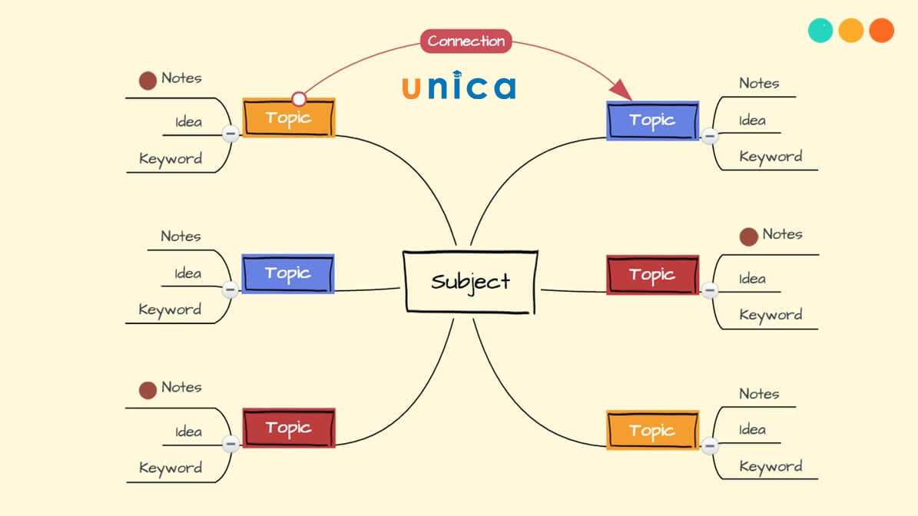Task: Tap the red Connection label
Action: pyautogui.click(x=466, y=41)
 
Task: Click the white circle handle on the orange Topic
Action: pyautogui.click(x=299, y=99)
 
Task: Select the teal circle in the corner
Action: pyautogui.click(x=820, y=30)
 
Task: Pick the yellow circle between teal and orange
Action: pyautogui.click(x=851, y=30)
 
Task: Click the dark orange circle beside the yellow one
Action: pyautogui.click(x=881, y=30)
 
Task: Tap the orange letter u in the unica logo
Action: pyautogui.click(x=411, y=88)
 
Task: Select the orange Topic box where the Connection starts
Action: pyautogui.click(x=289, y=117)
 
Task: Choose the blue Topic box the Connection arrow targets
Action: pyautogui.click(x=652, y=120)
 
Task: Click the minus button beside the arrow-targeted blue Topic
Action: pyautogui.click(x=710, y=137)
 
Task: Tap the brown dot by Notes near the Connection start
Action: pyautogui.click(x=147, y=80)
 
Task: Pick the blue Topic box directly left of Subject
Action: pyautogui.click(x=287, y=273)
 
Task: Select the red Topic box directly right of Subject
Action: pyautogui.click(x=652, y=274)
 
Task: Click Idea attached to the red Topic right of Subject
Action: pyautogui.click(x=752, y=279)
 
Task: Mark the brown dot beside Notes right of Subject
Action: pyautogui.click(x=748, y=237)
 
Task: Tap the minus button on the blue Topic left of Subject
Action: pyautogui.click(x=230, y=290)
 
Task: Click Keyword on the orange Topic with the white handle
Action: pyautogui.click(x=171, y=159)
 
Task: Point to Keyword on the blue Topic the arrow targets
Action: pyautogui.click(x=771, y=157)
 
